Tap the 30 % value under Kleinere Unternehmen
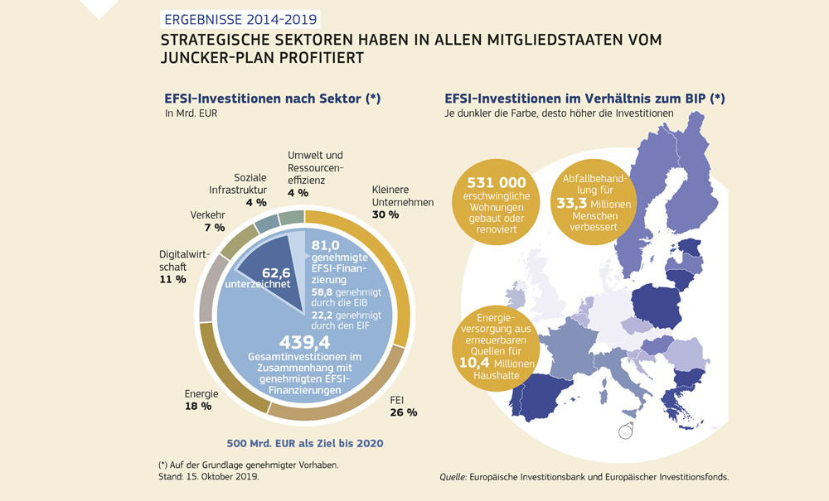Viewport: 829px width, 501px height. pyautogui.click(x=382, y=214)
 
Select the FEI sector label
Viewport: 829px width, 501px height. pyautogui.click(x=396, y=399)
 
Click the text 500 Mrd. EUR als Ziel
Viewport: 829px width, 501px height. pyautogui.click(x=305, y=443)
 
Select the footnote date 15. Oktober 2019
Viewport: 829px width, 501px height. pyautogui.click(x=221, y=477)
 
